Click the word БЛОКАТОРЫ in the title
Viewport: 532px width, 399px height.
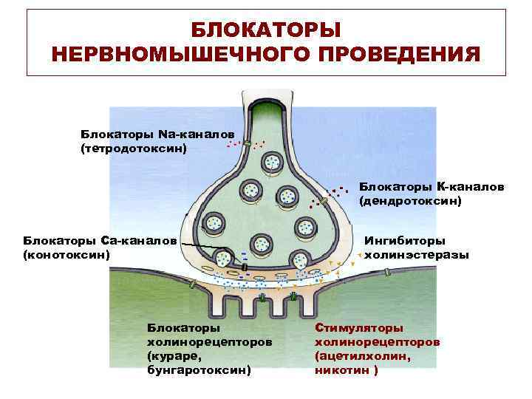coord(266,30)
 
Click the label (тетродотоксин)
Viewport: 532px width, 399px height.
coord(133,148)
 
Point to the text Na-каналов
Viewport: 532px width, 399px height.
coord(196,134)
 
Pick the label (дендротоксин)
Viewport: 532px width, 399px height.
coord(410,200)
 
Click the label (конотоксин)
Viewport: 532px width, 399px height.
coord(67,255)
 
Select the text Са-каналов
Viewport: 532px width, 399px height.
coord(138,241)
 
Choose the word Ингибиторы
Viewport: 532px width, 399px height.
coord(405,241)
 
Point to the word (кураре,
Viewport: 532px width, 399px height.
coord(173,356)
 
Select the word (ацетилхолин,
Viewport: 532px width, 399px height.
coord(363,355)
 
